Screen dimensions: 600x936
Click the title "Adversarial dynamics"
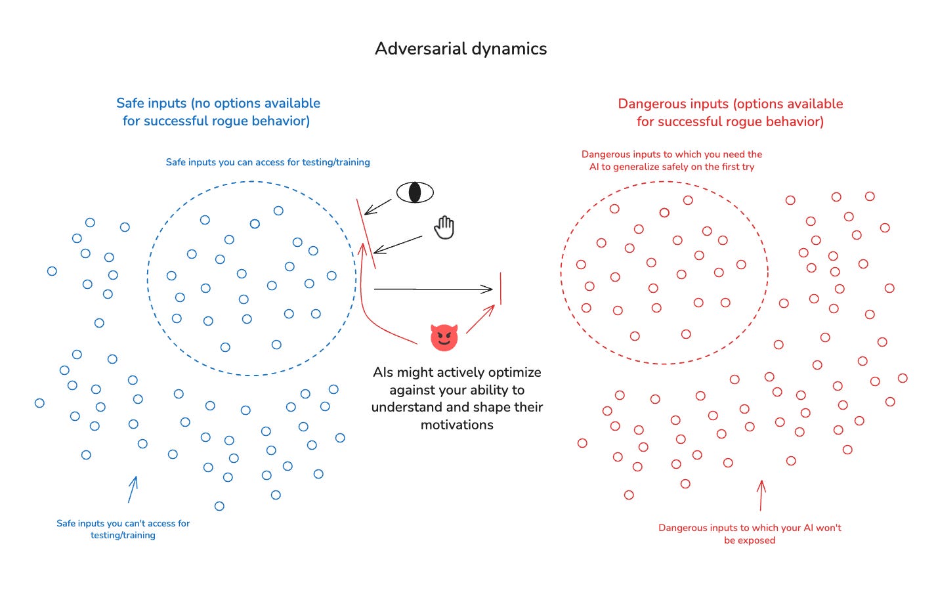click(461, 49)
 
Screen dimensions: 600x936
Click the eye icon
click(415, 192)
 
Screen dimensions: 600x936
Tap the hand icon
click(444, 227)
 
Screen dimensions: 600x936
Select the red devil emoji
click(444, 337)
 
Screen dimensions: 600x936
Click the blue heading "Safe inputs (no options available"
click(218, 103)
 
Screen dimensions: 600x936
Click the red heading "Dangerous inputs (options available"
click(730, 104)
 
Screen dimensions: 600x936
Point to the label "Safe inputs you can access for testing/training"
click(268, 162)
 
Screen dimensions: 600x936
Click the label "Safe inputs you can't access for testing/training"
click(123, 529)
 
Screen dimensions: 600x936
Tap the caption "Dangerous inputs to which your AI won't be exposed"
click(750, 534)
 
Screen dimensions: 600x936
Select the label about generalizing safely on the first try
click(671, 160)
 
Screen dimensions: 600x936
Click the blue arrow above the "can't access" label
click(133, 489)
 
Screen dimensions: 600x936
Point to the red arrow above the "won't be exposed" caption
click(761, 496)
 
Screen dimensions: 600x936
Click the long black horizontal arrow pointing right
click(433, 289)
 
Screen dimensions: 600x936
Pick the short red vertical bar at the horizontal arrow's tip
click(500, 289)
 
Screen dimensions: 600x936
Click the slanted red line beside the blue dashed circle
click(366, 234)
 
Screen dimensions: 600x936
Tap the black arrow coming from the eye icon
click(378, 207)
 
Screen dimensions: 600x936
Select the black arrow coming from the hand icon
click(398, 245)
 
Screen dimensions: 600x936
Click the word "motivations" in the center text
click(457, 425)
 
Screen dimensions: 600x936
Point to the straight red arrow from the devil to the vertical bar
click(480, 319)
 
